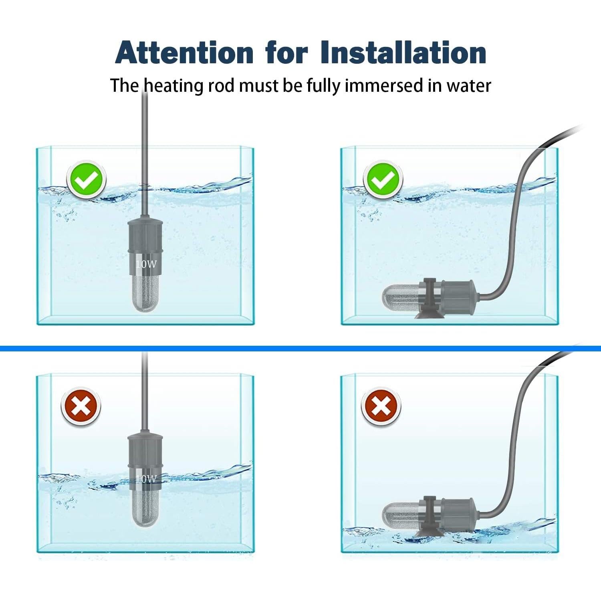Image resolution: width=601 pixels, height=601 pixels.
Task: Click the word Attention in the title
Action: point(184,52)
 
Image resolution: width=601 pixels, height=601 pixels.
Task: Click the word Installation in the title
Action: point(403,52)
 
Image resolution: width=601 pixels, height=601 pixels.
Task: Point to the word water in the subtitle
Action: point(469,86)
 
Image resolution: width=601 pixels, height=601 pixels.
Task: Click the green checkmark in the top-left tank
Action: point(86,180)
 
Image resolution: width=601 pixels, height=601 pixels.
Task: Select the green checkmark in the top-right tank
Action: point(383,180)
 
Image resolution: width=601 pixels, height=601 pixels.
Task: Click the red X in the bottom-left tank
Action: point(81,407)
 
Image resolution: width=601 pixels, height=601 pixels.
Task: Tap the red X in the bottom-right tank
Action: point(381,407)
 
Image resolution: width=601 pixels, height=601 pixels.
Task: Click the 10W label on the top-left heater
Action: point(146,264)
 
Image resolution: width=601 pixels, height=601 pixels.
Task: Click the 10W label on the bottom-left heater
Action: point(146,479)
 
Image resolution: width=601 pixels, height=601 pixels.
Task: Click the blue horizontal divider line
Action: point(300,349)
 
